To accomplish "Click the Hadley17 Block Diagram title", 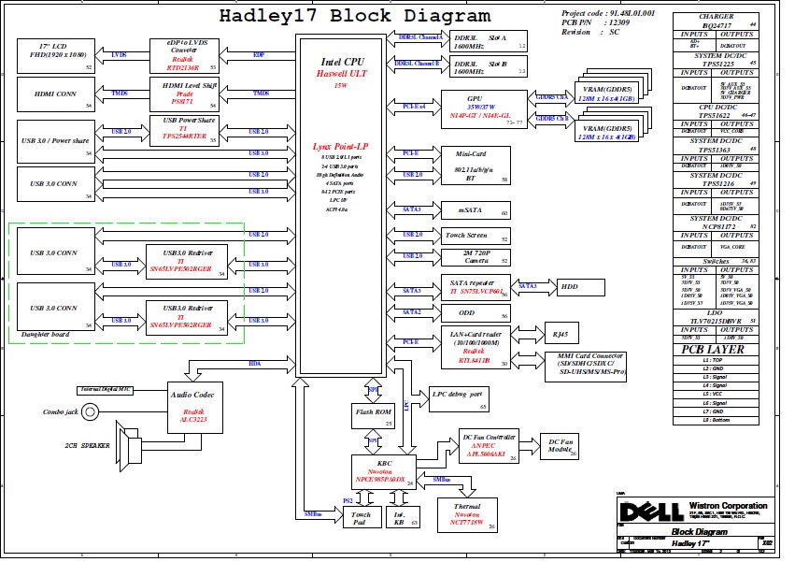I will [x=354, y=16].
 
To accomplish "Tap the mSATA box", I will [x=476, y=210].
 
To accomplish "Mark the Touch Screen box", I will [x=476, y=236].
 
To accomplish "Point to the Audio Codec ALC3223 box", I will [x=195, y=407].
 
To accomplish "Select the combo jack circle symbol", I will [x=91, y=411].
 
